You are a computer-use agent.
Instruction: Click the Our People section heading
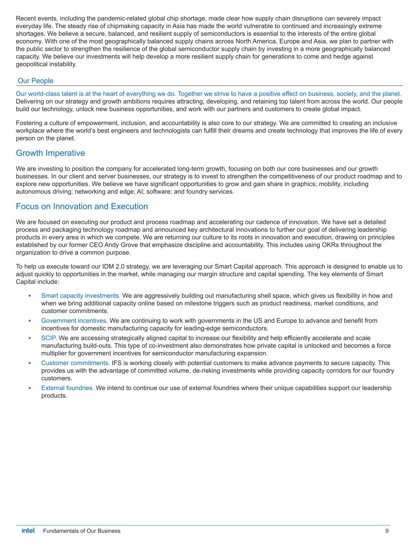[x=36, y=81]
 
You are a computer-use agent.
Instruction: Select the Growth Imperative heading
[x=50, y=153]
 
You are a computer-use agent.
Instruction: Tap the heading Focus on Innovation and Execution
[x=82, y=206]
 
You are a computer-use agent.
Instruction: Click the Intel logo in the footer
[x=28, y=531]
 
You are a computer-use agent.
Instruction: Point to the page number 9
[x=387, y=531]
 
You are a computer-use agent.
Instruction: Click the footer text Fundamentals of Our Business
[x=82, y=531]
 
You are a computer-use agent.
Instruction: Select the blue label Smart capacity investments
[x=81, y=296]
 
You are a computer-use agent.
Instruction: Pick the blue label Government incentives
[x=74, y=320]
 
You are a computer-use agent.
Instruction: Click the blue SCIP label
[x=49, y=338]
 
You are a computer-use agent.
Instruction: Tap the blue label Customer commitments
[x=76, y=363]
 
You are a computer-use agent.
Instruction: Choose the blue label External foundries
[x=68, y=388]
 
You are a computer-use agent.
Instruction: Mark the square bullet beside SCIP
[x=30, y=338]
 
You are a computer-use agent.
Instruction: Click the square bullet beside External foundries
[x=30, y=388]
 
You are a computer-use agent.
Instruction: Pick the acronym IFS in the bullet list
[x=116, y=363]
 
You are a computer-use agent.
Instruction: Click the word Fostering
[x=29, y=123]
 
